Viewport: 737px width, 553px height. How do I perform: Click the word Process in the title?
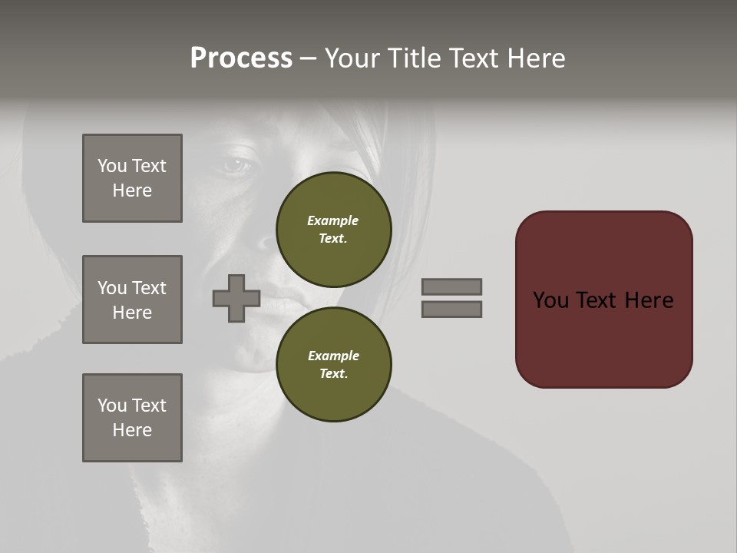point(241,58)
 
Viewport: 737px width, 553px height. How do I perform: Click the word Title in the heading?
point(413,58)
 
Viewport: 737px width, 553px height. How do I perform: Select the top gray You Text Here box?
point(132,178)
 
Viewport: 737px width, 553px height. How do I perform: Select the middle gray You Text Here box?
point(132,300)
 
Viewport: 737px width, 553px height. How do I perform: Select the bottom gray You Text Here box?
point(132,418)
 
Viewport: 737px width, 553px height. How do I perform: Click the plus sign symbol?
point(236,298)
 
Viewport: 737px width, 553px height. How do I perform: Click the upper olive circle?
point(333,229)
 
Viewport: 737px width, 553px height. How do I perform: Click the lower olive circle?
point(333,364)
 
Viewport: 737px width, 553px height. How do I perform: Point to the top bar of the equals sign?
point(451,286)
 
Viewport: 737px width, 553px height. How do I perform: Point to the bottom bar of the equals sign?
point(451,309)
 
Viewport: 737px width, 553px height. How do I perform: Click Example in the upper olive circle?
point(332,220)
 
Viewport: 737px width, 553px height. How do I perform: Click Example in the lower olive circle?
point(333,356)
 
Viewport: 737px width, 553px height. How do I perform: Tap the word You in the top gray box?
point(111,166)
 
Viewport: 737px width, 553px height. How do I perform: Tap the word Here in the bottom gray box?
point(132,430)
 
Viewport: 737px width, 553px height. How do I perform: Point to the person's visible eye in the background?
point(236,163)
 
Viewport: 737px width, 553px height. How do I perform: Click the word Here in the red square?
point(649,300)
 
